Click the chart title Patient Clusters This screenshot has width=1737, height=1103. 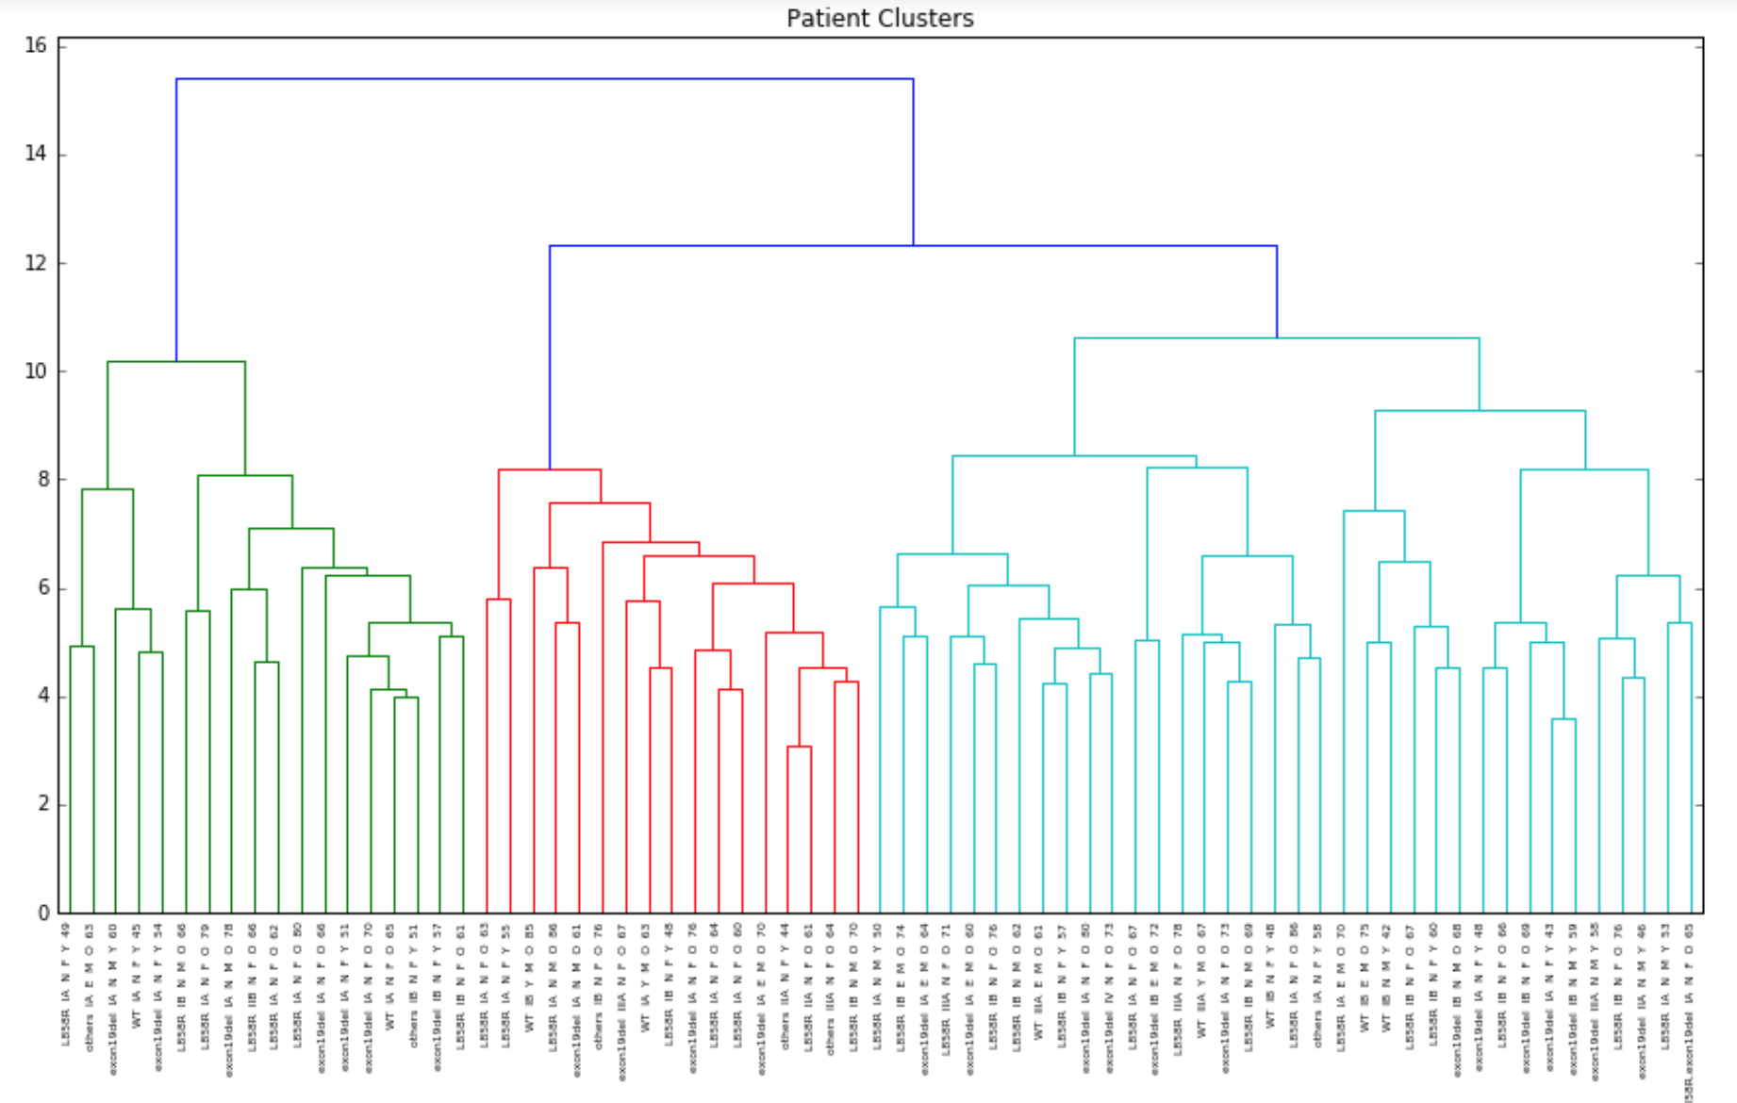[879, 18]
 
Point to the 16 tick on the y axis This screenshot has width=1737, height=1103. [36, 45]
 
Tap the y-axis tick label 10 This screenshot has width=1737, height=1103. [36, 371]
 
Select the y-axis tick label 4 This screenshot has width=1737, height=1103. [42, 697]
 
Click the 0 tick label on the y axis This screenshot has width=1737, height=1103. [42, 914]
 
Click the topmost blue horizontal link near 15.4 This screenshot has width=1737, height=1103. [544, 79]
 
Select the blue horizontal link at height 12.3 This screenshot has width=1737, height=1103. [913, 246]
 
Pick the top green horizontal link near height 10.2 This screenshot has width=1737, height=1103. [176, 361]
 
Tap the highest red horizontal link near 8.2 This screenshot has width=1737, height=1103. [550, 469]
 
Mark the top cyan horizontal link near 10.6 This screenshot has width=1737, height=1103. [1277, 337]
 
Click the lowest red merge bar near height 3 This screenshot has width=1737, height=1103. [800, 747]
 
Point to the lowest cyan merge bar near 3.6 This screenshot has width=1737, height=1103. [1563, 719]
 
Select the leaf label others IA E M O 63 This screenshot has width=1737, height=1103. [90, 986]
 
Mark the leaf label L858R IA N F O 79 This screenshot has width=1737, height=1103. [205, 986]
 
